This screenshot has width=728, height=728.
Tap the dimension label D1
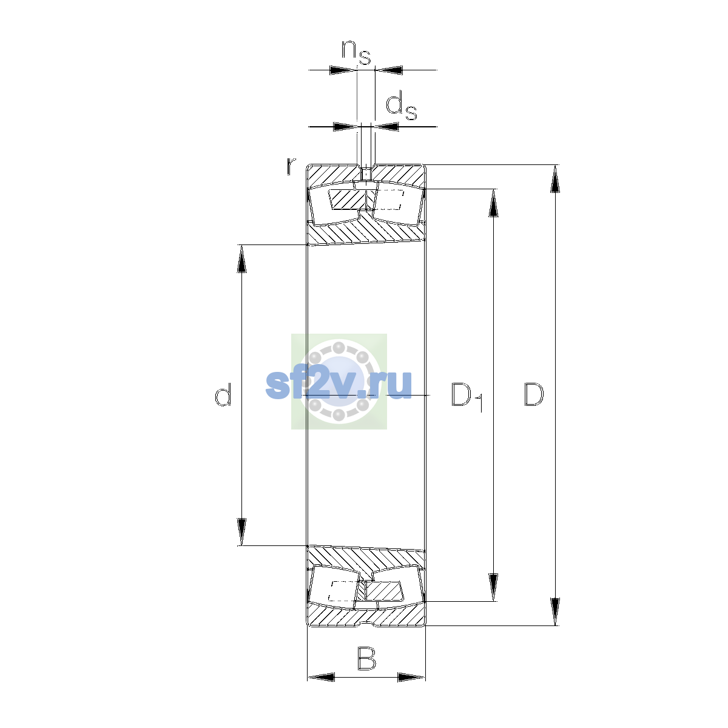[467, 397]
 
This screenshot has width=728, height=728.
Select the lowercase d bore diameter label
[223, 394]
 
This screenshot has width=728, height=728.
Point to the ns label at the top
[356, 52]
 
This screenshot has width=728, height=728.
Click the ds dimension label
[401, 107]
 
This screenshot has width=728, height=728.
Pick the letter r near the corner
[291, 166]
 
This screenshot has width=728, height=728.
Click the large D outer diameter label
[534, 394]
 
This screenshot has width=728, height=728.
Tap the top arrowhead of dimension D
[554, 179]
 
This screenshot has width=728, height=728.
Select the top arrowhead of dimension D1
[493, 203]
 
